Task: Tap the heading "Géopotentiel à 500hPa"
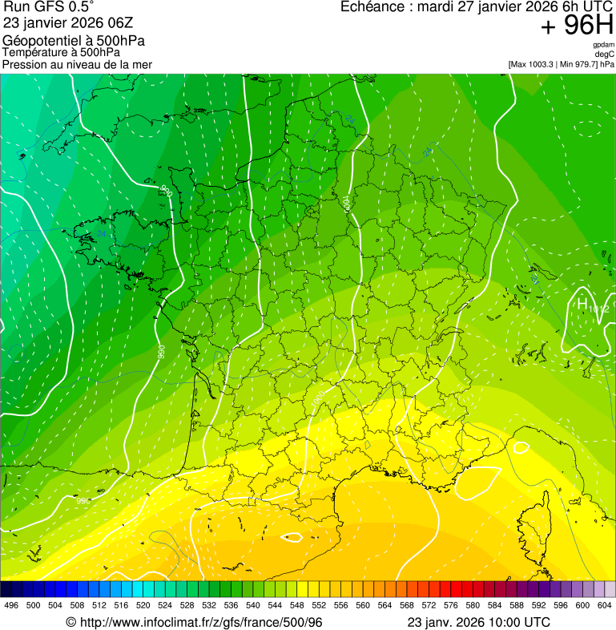click(74, 40)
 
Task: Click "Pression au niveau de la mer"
click(77, 64)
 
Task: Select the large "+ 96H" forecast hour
click(576, 26)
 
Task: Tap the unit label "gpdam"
click(603, 45)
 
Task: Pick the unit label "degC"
click(604, 54)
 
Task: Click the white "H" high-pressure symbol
click(582, 304)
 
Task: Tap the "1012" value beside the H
click(598, 309)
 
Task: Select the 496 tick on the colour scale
click(11, 605)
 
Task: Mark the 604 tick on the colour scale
click(605, 605)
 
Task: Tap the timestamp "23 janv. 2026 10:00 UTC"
click(478, 622)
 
